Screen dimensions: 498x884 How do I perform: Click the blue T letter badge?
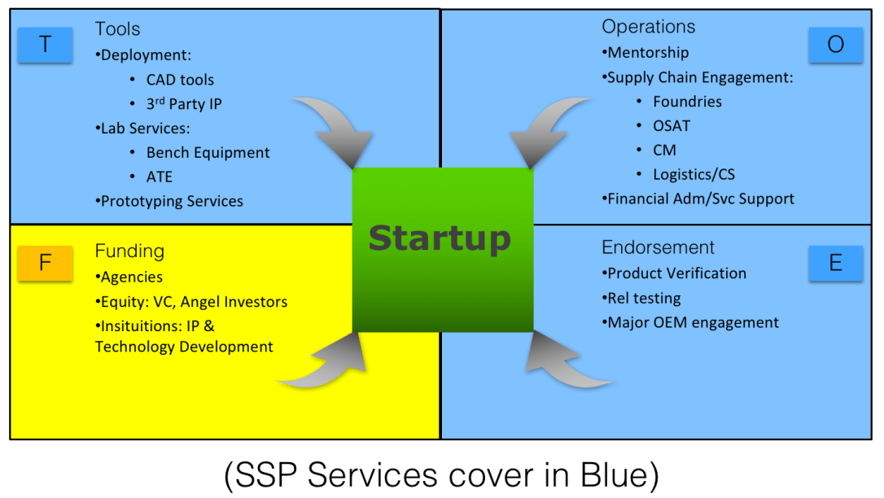[x=45, y=45]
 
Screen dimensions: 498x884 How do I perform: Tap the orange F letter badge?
[x=45, y=264]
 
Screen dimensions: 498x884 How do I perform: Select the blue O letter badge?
[x=835, y=45]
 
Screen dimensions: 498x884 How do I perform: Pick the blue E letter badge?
[x=835, y=264]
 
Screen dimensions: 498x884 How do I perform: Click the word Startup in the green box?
[x=440, y=238]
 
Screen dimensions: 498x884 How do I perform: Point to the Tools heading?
[x=117, y=29]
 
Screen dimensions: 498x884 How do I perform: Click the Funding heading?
[x=129, y=251]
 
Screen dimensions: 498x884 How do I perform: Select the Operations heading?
[x=649, y=27]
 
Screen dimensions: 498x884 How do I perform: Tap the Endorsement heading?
[x=658, y=247]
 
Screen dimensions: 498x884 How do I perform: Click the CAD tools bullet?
[x=180, y=80]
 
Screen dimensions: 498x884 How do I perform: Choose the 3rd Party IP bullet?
[x=183, y=104]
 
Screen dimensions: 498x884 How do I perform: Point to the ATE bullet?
[x=160, y=177]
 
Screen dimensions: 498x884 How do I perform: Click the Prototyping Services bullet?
[x=171, y=201]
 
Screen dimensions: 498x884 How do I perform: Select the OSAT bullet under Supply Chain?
[x=672, y=126]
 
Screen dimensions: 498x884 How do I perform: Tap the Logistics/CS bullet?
[x=694, y=174]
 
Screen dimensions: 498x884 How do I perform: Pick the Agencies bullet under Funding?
[x=131, y=277]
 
